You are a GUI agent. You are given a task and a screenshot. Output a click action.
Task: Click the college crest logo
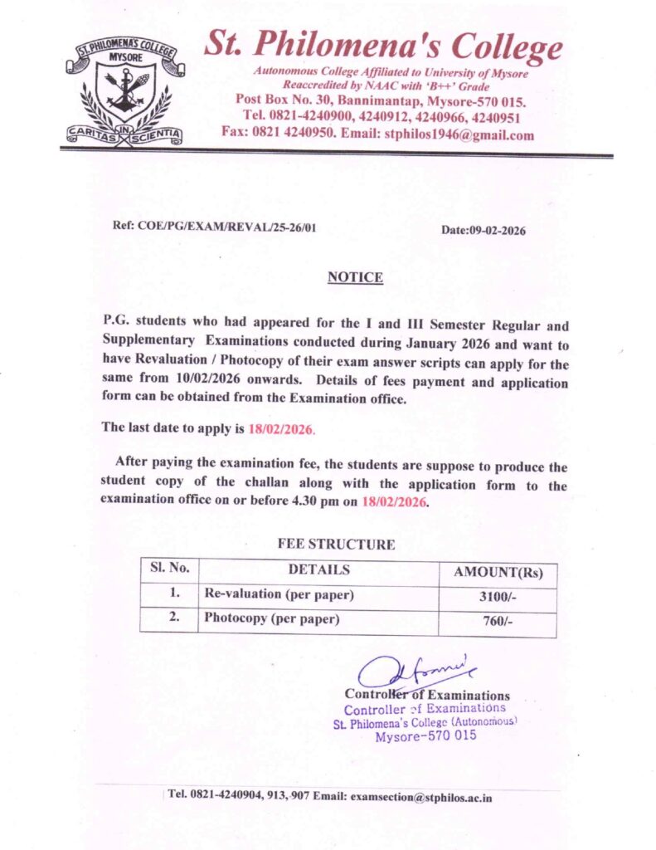click(125, 91)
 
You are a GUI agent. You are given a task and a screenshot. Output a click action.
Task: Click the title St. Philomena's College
click(382, 46)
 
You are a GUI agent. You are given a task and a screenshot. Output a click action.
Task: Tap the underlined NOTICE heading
click(355, 277)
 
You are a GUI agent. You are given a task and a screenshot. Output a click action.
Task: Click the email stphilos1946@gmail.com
click(461, 134)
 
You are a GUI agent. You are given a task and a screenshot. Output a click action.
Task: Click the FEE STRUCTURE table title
click(336, 545)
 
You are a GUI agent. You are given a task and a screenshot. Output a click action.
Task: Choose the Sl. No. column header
click(170, 570)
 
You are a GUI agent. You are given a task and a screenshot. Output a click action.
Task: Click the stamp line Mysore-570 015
click(425, 736)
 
